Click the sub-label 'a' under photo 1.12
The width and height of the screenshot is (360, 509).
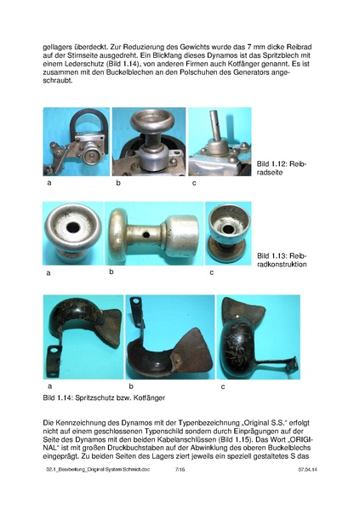49,183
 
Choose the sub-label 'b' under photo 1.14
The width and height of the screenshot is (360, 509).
129,387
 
